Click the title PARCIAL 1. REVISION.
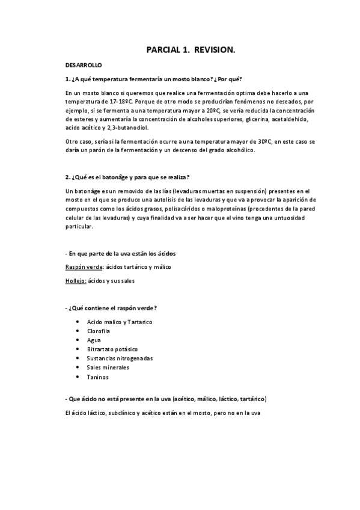click(x=191, y=52)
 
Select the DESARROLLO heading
click(x=84, y=64)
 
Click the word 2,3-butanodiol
click(x=129, y=127)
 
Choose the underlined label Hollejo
click(x=75, y=281)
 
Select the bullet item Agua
click(x=94, y=340)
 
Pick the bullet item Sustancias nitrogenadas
click(x=120, y=358)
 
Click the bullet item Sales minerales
click(x=108, y=367)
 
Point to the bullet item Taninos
click(x=98, y=376)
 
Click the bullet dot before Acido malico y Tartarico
click(x=78, y=322)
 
